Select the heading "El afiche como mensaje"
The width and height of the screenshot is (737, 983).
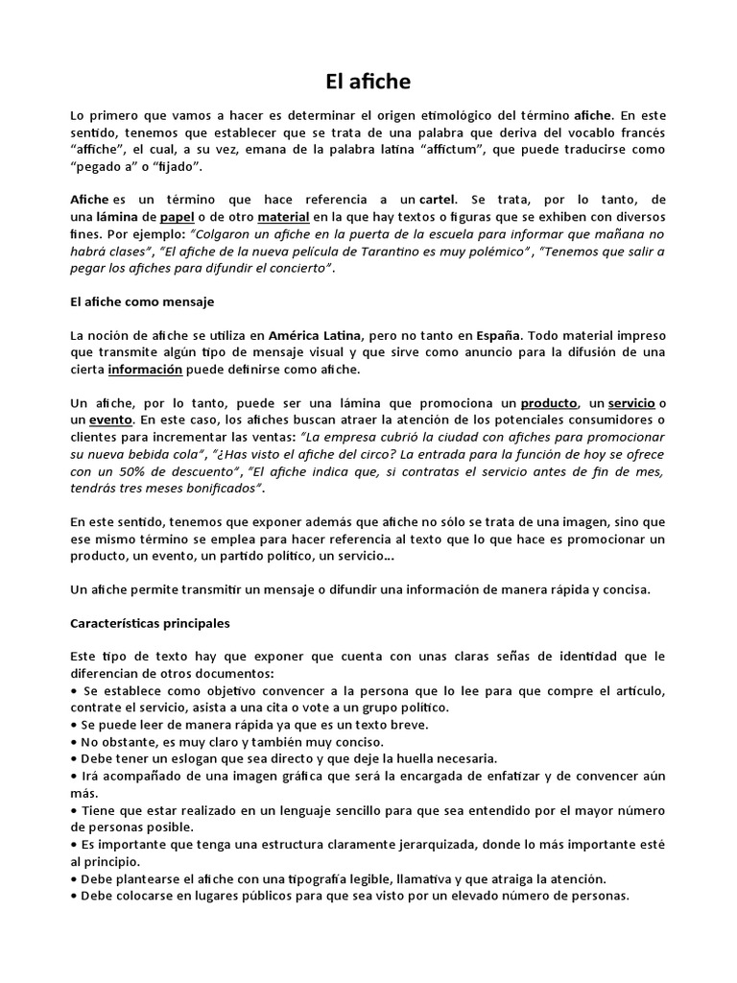tap(143, 301)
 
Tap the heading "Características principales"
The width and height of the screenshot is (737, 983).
tap(151, 622)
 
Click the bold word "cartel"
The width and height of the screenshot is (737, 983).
tap(442, 200)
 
